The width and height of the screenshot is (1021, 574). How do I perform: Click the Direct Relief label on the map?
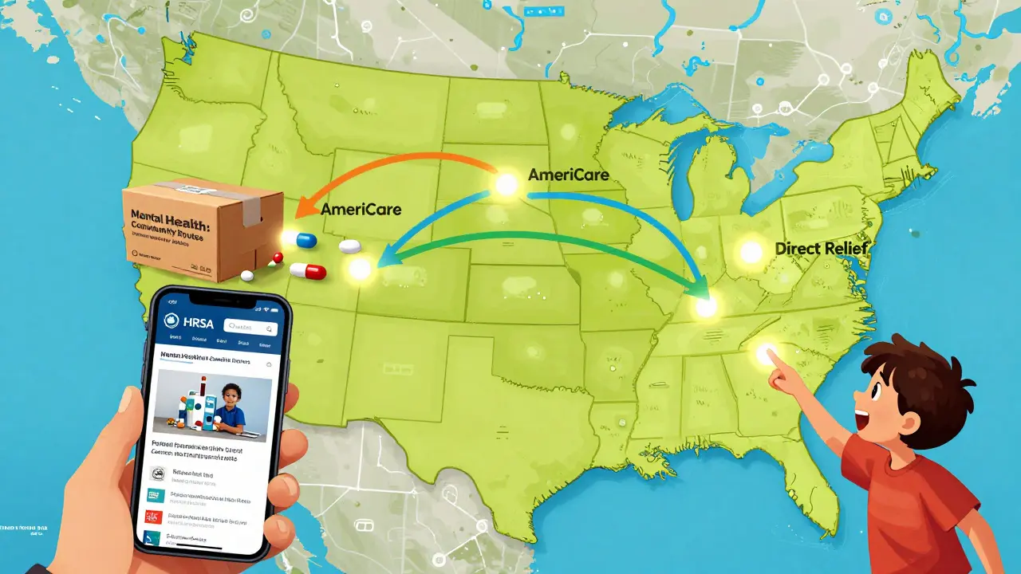point(821,250)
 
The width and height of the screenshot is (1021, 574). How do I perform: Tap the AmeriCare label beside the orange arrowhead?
point(361,210)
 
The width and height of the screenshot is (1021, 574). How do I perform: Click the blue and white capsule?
point(306,239)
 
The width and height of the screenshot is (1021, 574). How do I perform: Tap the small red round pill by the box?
point(278,257)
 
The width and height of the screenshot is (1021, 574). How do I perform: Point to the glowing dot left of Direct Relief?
point(751,252)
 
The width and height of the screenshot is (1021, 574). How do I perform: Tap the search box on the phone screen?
point(250,326)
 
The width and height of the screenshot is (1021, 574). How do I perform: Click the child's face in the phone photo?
point(230,395)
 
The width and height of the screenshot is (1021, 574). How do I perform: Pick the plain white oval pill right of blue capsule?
point(349,247)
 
